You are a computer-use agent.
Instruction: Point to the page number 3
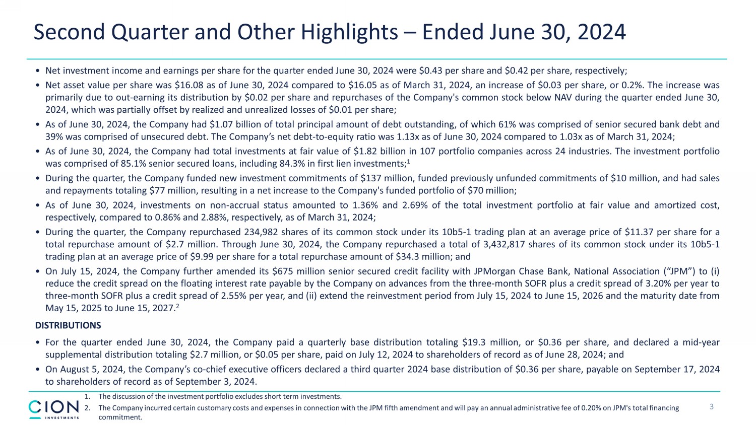712,407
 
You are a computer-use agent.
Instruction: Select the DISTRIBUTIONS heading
68,325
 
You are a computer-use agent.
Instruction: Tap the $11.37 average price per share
640,232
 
